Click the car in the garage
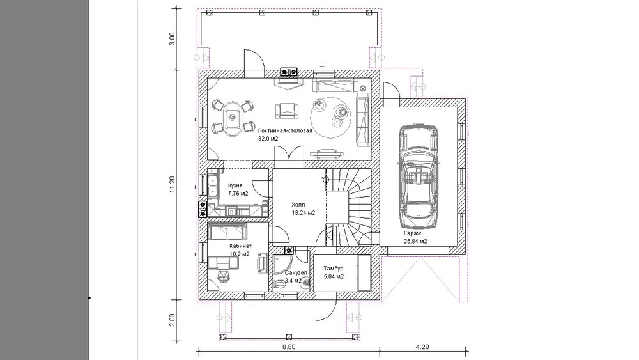(419, 176)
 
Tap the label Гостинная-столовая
(285, 131)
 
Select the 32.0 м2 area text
(268, 139)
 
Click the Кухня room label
(235, 185)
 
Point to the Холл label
(298, 205)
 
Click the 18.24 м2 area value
(303, 212)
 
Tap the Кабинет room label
(240, 246)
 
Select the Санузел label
(296, 272)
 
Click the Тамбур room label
(334, 269)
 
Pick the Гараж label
(412, 233)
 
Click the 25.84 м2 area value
(415, 241)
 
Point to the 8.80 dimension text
(289, 347)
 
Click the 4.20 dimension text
(422, 347)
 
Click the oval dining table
(232, 118)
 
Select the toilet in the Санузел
(279, 283)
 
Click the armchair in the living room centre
(286, 111)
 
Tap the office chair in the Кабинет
(223, 277)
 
